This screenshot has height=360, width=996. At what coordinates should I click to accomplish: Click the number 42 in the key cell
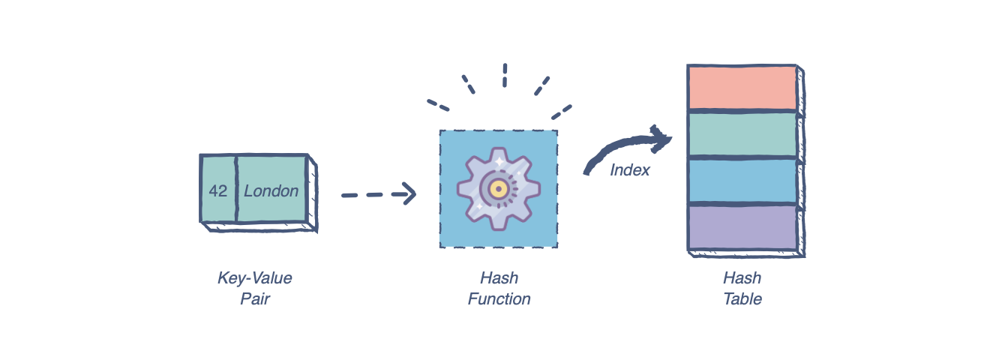(218, 190)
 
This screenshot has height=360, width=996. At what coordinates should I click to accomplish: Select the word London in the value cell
(271, 190)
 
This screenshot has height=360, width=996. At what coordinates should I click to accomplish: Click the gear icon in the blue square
(497, 188)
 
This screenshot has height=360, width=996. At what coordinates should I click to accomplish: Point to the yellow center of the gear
(497, 188)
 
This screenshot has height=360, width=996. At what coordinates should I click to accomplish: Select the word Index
(629, 170)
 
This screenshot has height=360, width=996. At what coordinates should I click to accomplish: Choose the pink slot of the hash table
(742, 88)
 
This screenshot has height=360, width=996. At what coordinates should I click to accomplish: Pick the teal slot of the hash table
(742, 134)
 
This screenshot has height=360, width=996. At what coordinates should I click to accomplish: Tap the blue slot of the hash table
(742, 181)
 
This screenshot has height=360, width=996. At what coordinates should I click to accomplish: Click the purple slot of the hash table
(742, 226)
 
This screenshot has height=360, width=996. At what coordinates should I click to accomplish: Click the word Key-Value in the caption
(254, 278)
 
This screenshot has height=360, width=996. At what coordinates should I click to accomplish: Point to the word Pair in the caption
(254, 299)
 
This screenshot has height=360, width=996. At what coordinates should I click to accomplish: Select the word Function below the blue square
(499, 299)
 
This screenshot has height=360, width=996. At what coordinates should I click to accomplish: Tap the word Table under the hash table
(742, 299)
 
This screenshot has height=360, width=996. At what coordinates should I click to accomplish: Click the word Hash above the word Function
(499, 278)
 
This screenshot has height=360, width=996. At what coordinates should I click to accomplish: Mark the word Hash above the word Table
(742, 278)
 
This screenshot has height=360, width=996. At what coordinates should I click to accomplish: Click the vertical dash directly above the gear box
(505, 75)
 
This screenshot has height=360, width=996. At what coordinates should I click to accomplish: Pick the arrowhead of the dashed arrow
(409, 193)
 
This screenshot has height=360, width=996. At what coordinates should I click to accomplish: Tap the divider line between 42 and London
(236, 189)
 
